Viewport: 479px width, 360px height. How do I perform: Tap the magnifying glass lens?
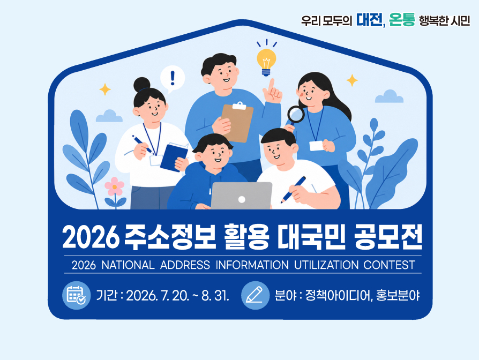tap(296, 114)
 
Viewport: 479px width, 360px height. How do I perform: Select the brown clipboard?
tap(237, 122)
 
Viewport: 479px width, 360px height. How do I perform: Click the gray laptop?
tap(241, 196)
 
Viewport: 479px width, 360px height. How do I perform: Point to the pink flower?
tap(115, 186)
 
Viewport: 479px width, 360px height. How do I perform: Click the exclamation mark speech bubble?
tap(173, 79)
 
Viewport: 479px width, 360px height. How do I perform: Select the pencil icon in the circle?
tap(255, 295)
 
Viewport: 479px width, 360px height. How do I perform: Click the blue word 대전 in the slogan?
tap(369, 20)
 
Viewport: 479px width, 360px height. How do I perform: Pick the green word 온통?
tap(402, 20)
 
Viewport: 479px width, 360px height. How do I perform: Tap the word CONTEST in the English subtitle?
tap(389, 265)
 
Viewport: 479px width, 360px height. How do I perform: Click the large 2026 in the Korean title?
tap(91, 237)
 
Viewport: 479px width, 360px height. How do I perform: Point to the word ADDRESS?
tap(185, 265)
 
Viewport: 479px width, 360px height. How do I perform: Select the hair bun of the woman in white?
tap(142, 85)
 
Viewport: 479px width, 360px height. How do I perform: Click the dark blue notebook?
tap(174, 157)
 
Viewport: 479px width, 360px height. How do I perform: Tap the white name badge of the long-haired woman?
tap(317, 146)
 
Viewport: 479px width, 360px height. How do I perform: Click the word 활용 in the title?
tap(246, 237)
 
